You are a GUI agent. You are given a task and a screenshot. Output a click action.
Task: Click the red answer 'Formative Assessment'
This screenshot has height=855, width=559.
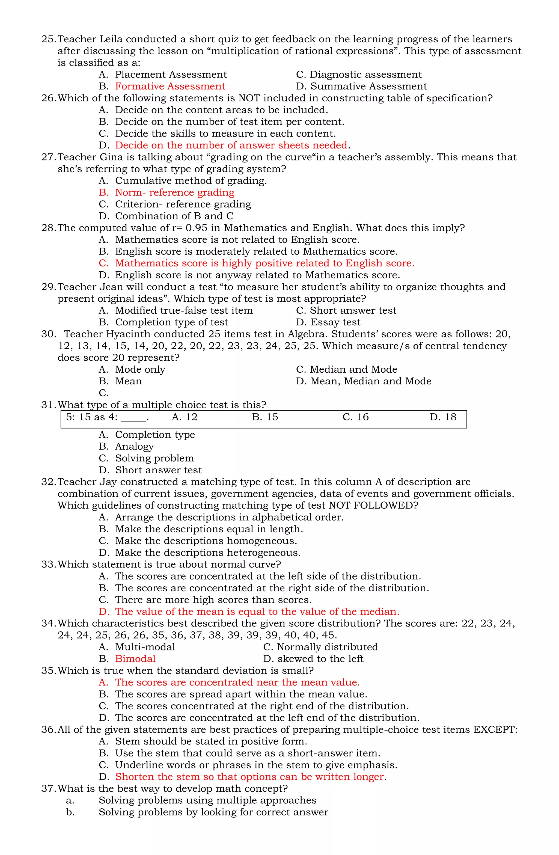click(170, 86)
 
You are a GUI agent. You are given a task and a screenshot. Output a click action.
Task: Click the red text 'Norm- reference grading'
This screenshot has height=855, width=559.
click(175, 192)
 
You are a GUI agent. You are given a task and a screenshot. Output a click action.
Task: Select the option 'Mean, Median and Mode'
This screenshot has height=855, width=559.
click(370, 381)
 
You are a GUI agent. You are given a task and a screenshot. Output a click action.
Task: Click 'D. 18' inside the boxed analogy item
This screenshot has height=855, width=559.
click(443, 417)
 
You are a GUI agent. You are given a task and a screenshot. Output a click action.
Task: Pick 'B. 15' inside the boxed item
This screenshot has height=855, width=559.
click(265, 417)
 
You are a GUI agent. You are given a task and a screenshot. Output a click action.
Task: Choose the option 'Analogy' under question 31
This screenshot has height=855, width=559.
click(134, 447)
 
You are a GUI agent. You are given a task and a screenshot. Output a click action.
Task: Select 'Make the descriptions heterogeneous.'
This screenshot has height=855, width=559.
click(208, 553)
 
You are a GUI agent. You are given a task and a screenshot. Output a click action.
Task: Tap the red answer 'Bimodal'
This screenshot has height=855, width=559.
click(135, 658)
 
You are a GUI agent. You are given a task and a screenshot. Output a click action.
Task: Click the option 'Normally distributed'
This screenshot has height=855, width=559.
click(327, 647)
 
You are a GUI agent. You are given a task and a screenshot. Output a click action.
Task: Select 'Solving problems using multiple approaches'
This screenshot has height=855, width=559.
click(207, 800)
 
